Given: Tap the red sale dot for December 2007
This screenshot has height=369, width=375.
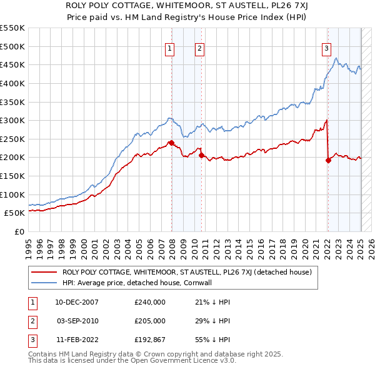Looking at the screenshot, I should (171, 143).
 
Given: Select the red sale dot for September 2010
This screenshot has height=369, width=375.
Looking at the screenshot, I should (201, 155).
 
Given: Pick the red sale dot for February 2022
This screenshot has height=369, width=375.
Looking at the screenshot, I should (328, 159).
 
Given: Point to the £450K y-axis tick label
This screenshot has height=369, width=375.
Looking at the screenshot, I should (12, 64).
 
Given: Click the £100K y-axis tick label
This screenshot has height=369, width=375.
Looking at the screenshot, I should (12, 195).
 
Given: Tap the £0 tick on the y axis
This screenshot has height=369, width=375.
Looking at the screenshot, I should (19, 231).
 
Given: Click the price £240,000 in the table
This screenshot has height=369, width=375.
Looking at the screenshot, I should (150, 302).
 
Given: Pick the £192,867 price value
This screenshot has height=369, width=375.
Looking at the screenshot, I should (150, 340).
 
